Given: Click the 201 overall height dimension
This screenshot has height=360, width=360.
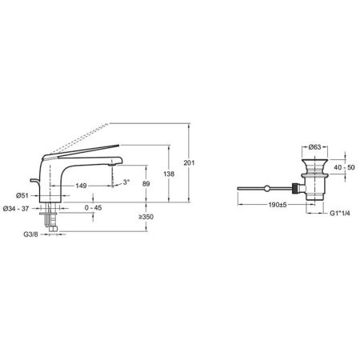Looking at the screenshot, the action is click(x=189, y=162).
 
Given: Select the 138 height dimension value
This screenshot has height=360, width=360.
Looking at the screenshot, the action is click(x=169, y=174).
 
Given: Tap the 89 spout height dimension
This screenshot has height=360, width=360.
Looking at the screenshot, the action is click(x=146, y=184).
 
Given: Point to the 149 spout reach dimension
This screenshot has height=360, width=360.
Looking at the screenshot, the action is click(x=81, y=186).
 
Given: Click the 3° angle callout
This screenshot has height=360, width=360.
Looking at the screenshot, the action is click(x=126, y=182).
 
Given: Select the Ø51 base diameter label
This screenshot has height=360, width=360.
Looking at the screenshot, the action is click(x=22, y=195).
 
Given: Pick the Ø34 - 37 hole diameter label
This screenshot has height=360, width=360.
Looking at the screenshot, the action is click(x=16, y=209).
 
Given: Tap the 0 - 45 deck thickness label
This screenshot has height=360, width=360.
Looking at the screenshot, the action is click(x=93, y=207).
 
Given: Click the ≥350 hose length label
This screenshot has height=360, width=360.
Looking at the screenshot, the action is click(x=146, y=217).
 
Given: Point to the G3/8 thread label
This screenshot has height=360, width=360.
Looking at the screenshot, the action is click(x=30, y=234).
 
